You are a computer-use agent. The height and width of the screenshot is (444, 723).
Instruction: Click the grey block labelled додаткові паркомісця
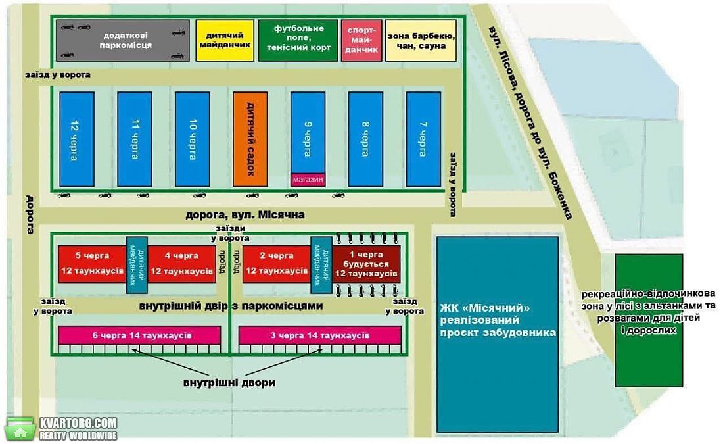pos(123,40)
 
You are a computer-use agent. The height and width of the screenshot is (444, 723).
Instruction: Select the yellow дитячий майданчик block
pos(225,40)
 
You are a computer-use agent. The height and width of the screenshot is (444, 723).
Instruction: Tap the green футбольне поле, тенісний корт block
pos(298,40)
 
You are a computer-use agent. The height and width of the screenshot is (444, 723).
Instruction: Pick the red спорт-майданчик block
pos(361,40)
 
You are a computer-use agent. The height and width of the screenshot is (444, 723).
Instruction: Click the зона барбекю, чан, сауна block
pos(421,40)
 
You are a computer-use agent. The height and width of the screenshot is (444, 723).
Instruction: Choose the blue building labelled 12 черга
pos(77,139)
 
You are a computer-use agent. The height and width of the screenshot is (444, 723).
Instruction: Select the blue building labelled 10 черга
pos(193,139)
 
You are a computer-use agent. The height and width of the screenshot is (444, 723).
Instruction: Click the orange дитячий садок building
pos(250,139)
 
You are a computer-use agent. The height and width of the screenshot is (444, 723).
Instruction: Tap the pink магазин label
pos(308,180)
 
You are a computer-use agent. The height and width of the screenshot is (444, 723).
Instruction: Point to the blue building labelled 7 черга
pos(423,139)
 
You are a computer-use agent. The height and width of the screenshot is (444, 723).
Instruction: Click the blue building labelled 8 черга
pos(365,139)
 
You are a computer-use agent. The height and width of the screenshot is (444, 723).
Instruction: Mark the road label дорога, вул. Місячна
pos(245,215)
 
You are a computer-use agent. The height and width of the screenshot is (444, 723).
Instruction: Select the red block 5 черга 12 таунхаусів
pos(92,264)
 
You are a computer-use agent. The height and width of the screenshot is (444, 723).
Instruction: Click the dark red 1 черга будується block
pos(366,264)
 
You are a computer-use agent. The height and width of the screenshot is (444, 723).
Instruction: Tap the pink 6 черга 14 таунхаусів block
pos(140,335)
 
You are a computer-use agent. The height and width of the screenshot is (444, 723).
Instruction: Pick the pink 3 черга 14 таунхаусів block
pos(319,335)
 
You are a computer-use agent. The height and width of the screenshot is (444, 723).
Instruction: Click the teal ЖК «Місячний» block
pos(498,335)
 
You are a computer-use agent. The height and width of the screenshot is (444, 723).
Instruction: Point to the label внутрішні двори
pos(229,383)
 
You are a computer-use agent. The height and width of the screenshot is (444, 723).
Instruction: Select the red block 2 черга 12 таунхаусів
pos(277,264)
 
